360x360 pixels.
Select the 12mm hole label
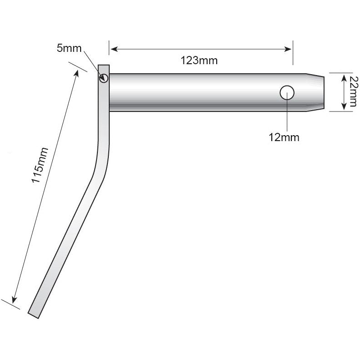point(284,137)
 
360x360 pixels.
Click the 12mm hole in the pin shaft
point(287,92)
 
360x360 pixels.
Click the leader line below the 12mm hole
point(287,114)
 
